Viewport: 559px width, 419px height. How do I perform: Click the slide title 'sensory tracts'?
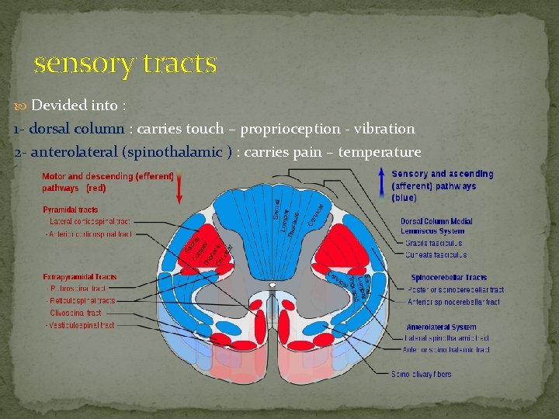pyautogui.click(x=125, y=63)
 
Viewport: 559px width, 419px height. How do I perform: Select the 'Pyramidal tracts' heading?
pyautogui.click(x=71, y=209)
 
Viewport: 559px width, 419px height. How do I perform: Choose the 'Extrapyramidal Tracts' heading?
pyautogui.click(x=80, y=276)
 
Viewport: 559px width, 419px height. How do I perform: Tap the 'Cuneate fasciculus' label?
pyautogui.click(x=436, y=254)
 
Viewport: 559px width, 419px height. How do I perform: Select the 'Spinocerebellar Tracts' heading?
pyautogui.click(x=449, y=278)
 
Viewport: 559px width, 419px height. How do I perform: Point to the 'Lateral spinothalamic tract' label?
pyautogui.click(x=447, y=338)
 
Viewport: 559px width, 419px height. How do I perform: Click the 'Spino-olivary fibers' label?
pyautogui.click(x=422, y=374)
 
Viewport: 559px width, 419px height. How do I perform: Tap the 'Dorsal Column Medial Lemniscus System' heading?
pyautogui.click(x=436, y=226)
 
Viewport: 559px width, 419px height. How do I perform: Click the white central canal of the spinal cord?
pyautogui.click(x=273, y=285)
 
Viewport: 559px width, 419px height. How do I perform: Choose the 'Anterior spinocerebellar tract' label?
pyautogui.click(x=454, y=302)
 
